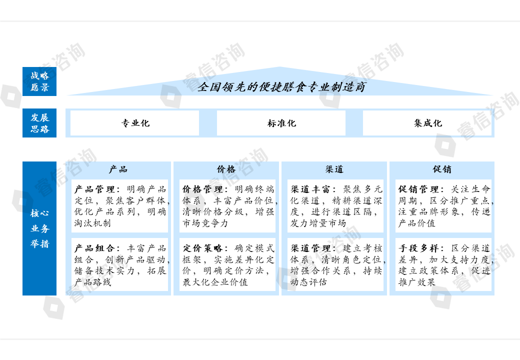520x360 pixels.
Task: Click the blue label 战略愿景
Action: click(39, 81)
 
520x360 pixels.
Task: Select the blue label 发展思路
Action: click(39, 123)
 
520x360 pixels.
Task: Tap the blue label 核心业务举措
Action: click(39, 228)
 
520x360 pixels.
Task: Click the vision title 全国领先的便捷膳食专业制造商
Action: click(281, 87)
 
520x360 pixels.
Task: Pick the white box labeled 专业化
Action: click(134, 123)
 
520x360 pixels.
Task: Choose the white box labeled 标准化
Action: click(281, 123)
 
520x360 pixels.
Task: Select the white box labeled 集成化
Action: click(427, 123)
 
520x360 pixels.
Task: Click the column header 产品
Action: click(118, 169)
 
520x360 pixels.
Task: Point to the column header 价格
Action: click(226, 169)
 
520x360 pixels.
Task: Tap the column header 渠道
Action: click(334, 169)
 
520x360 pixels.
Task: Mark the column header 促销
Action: click(442, 169)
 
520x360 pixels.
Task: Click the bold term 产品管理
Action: click(95, 189)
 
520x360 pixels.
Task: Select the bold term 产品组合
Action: click(95, 248)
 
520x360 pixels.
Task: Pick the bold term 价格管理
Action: click(203, 189)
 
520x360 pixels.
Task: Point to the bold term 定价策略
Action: click(203, 248)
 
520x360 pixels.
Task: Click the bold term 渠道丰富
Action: click(311, 189)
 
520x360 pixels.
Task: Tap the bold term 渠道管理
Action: click(311, 248)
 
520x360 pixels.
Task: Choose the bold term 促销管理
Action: click(419, 189)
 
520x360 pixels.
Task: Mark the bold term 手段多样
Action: click(419, 248)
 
